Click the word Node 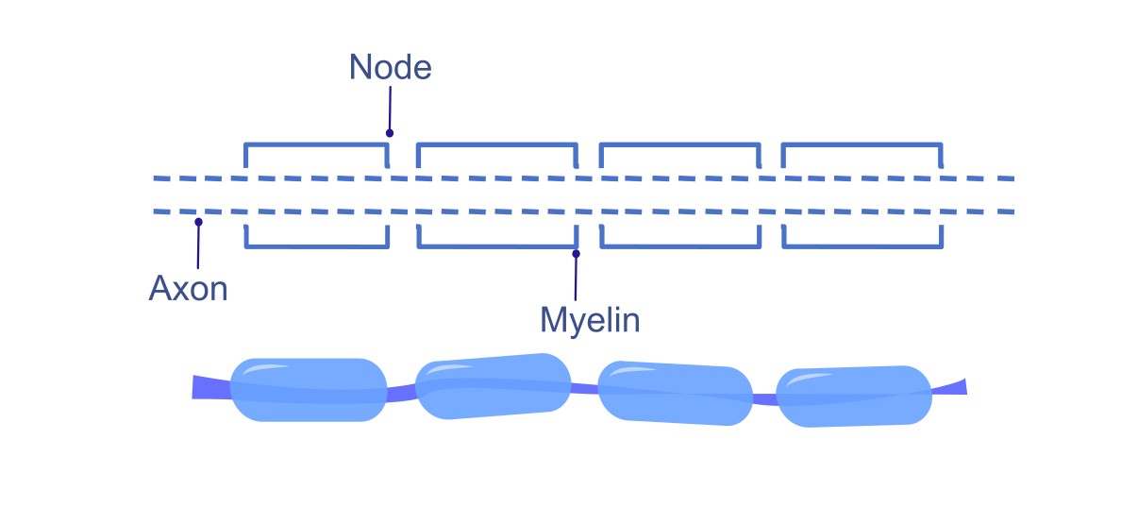(390, 67)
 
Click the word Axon (188, 288)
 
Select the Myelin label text (590, 320)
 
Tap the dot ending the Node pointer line (389, 133)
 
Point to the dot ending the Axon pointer (198, 222)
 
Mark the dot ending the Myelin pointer (576, 253)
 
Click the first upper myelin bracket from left (316, 144)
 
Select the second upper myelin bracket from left (496, 144)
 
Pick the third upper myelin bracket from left (679, 144)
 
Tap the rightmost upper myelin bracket (861, 144)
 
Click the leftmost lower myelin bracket (316, 246)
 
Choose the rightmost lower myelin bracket (861, 246)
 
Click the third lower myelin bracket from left (679, 246)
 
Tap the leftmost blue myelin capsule (309, 390)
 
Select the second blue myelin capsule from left (493, 385)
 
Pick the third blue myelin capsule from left (675, 393)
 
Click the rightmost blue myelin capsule (853, 396)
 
